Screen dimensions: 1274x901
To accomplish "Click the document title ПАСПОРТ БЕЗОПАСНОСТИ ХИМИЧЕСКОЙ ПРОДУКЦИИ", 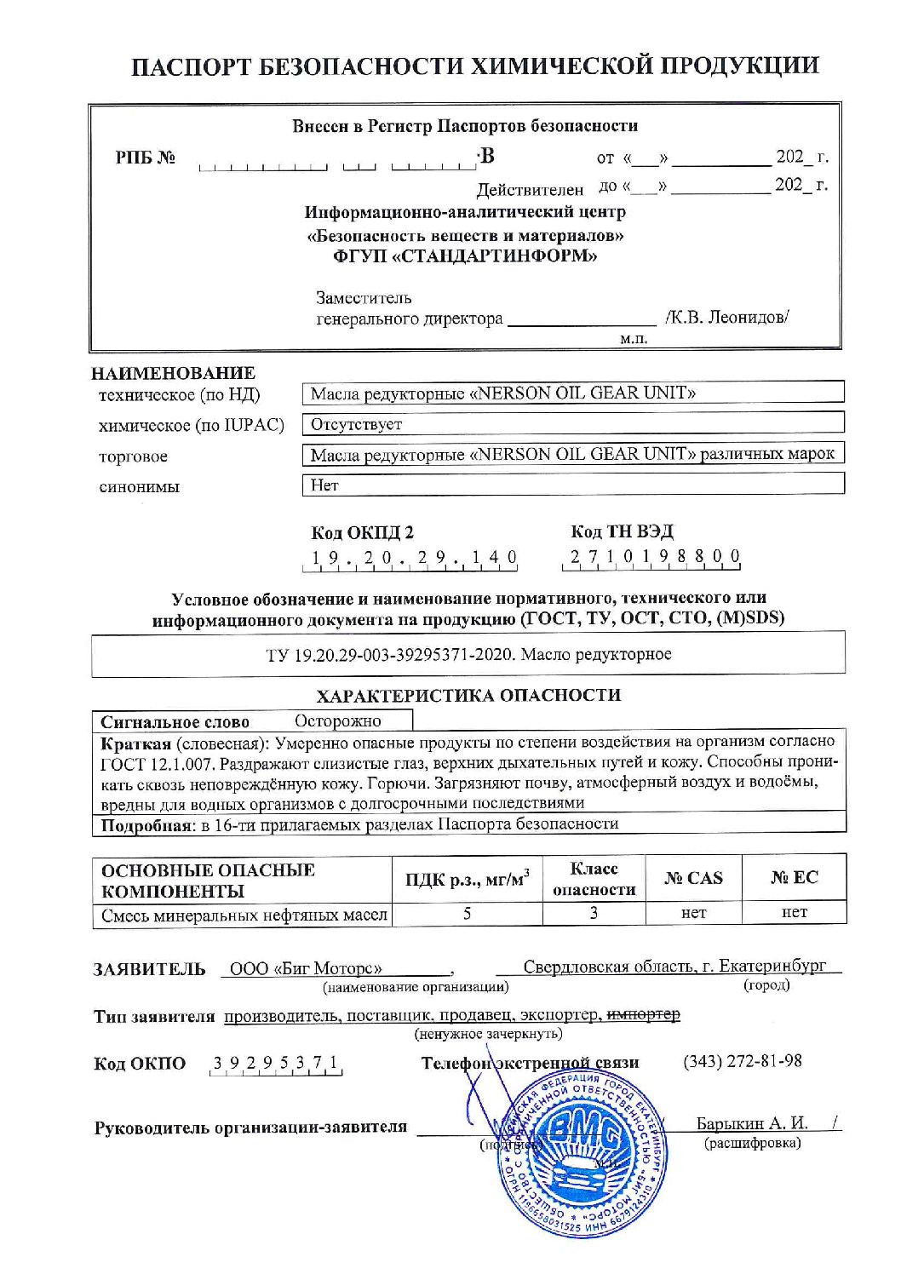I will tap(475, 66).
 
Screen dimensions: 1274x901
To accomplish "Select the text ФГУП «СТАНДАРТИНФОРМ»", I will tap(465, 256).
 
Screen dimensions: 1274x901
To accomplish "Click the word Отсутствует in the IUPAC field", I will tap(356, 424).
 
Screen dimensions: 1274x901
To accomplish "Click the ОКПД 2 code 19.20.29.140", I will tap(414, 559).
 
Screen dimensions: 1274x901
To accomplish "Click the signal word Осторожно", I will tap(338, 721).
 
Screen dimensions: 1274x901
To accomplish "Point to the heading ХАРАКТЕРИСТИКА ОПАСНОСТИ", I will tap(468, 695).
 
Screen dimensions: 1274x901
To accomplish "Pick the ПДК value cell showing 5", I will tap(467, 913).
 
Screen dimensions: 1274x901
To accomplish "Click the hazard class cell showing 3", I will tap(594, 913).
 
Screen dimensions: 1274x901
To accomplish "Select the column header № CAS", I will tap(693, 878).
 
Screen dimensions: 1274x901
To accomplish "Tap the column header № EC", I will tap(794, 878).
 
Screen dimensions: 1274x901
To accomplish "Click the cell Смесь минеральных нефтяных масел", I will tap(244, 915).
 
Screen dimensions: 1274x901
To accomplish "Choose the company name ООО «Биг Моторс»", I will tap(306, 968).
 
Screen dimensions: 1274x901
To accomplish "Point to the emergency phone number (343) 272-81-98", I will tap(742, 1061).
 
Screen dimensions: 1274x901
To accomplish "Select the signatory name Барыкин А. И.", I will tap(752, 1123).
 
